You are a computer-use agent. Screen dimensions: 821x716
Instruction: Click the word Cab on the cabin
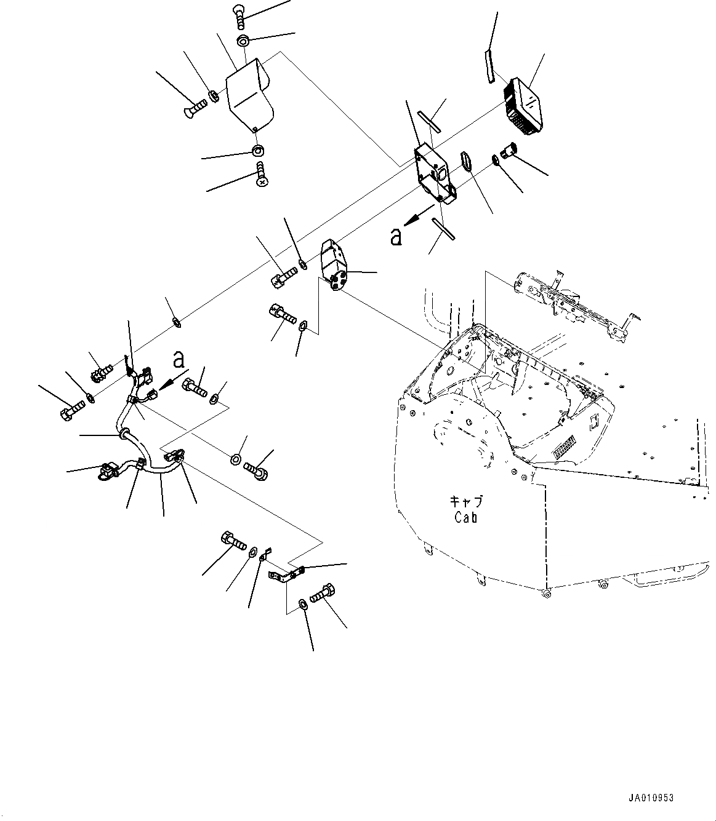[466, 517]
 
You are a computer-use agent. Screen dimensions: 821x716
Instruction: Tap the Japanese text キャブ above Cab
[466, 501]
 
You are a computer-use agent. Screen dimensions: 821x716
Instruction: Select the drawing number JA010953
[651, 798]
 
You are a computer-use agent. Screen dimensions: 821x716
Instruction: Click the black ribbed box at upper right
[524, 105]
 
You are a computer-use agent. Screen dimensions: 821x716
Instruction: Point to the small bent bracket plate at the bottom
[283, 575]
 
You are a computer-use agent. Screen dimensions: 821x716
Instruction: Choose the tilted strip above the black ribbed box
[489, 66]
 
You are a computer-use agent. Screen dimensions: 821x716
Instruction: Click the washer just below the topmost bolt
[243, 42]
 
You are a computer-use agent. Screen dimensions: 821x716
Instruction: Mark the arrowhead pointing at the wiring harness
[161, 384]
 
